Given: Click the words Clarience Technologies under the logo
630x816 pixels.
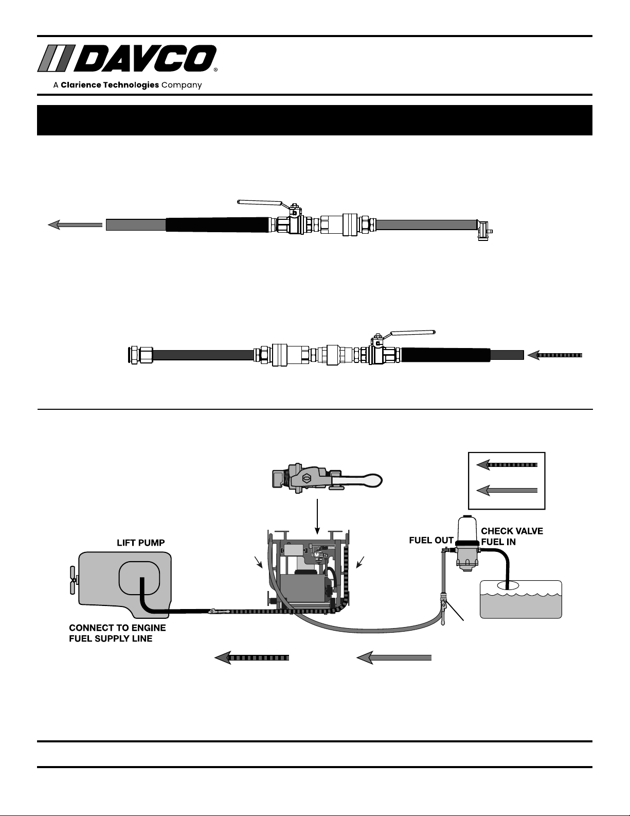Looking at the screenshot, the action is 110,85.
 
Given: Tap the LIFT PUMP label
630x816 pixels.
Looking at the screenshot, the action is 140,543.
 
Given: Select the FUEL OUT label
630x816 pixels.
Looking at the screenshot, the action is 431,540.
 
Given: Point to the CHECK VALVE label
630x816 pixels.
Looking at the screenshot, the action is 512,531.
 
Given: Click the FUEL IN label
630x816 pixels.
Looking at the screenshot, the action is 498,542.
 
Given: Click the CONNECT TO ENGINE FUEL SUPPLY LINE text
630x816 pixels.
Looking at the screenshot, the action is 117,633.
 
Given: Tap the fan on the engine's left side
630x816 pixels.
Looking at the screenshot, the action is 73,581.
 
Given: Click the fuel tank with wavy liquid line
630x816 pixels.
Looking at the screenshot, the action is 521,599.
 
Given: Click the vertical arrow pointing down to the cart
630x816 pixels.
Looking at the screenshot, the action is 317,516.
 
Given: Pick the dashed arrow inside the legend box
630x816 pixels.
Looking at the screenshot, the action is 507,465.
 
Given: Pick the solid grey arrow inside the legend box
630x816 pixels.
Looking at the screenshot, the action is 507,490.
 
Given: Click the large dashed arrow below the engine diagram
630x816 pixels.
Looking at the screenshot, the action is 251,658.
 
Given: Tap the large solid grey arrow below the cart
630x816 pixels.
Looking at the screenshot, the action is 394,658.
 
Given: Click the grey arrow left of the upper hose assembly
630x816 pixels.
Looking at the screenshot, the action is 75,225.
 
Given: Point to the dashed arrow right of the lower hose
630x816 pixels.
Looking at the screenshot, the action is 554,355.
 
